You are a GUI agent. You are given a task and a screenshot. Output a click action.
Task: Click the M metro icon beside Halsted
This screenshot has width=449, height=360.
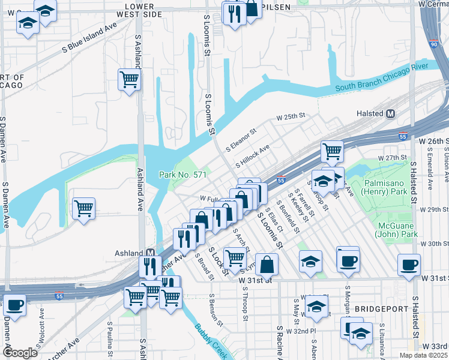pos(391,113)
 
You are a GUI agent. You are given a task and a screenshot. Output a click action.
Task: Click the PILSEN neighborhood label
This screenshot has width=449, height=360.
pos(277,7)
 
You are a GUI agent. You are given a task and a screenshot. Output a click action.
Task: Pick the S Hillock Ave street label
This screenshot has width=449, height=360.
pos(253,155)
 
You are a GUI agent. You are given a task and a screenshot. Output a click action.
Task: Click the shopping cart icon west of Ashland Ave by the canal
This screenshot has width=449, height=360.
pos(83,209)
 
